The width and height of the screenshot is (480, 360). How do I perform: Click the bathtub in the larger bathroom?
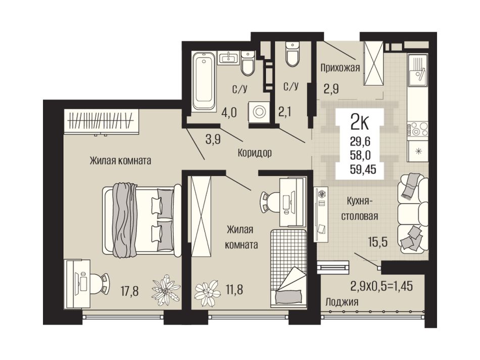point(203,81)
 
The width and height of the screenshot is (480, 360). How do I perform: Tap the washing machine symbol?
point(259,112)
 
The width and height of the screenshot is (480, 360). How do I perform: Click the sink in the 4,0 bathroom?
point(228,58)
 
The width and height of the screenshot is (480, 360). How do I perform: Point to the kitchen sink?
point(417,70)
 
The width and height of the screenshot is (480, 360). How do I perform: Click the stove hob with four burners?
point(417,129)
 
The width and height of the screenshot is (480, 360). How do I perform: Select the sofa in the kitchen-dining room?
point(413,213)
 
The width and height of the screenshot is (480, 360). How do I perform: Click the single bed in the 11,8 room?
point(289,268)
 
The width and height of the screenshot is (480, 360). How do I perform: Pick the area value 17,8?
point(129,291)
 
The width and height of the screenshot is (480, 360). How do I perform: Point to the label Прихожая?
point(340,67)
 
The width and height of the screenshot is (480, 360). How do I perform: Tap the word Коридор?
point(255,152)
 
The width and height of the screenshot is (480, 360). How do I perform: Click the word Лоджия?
point(342,302)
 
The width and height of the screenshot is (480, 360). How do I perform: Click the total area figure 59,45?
point(363,169)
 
